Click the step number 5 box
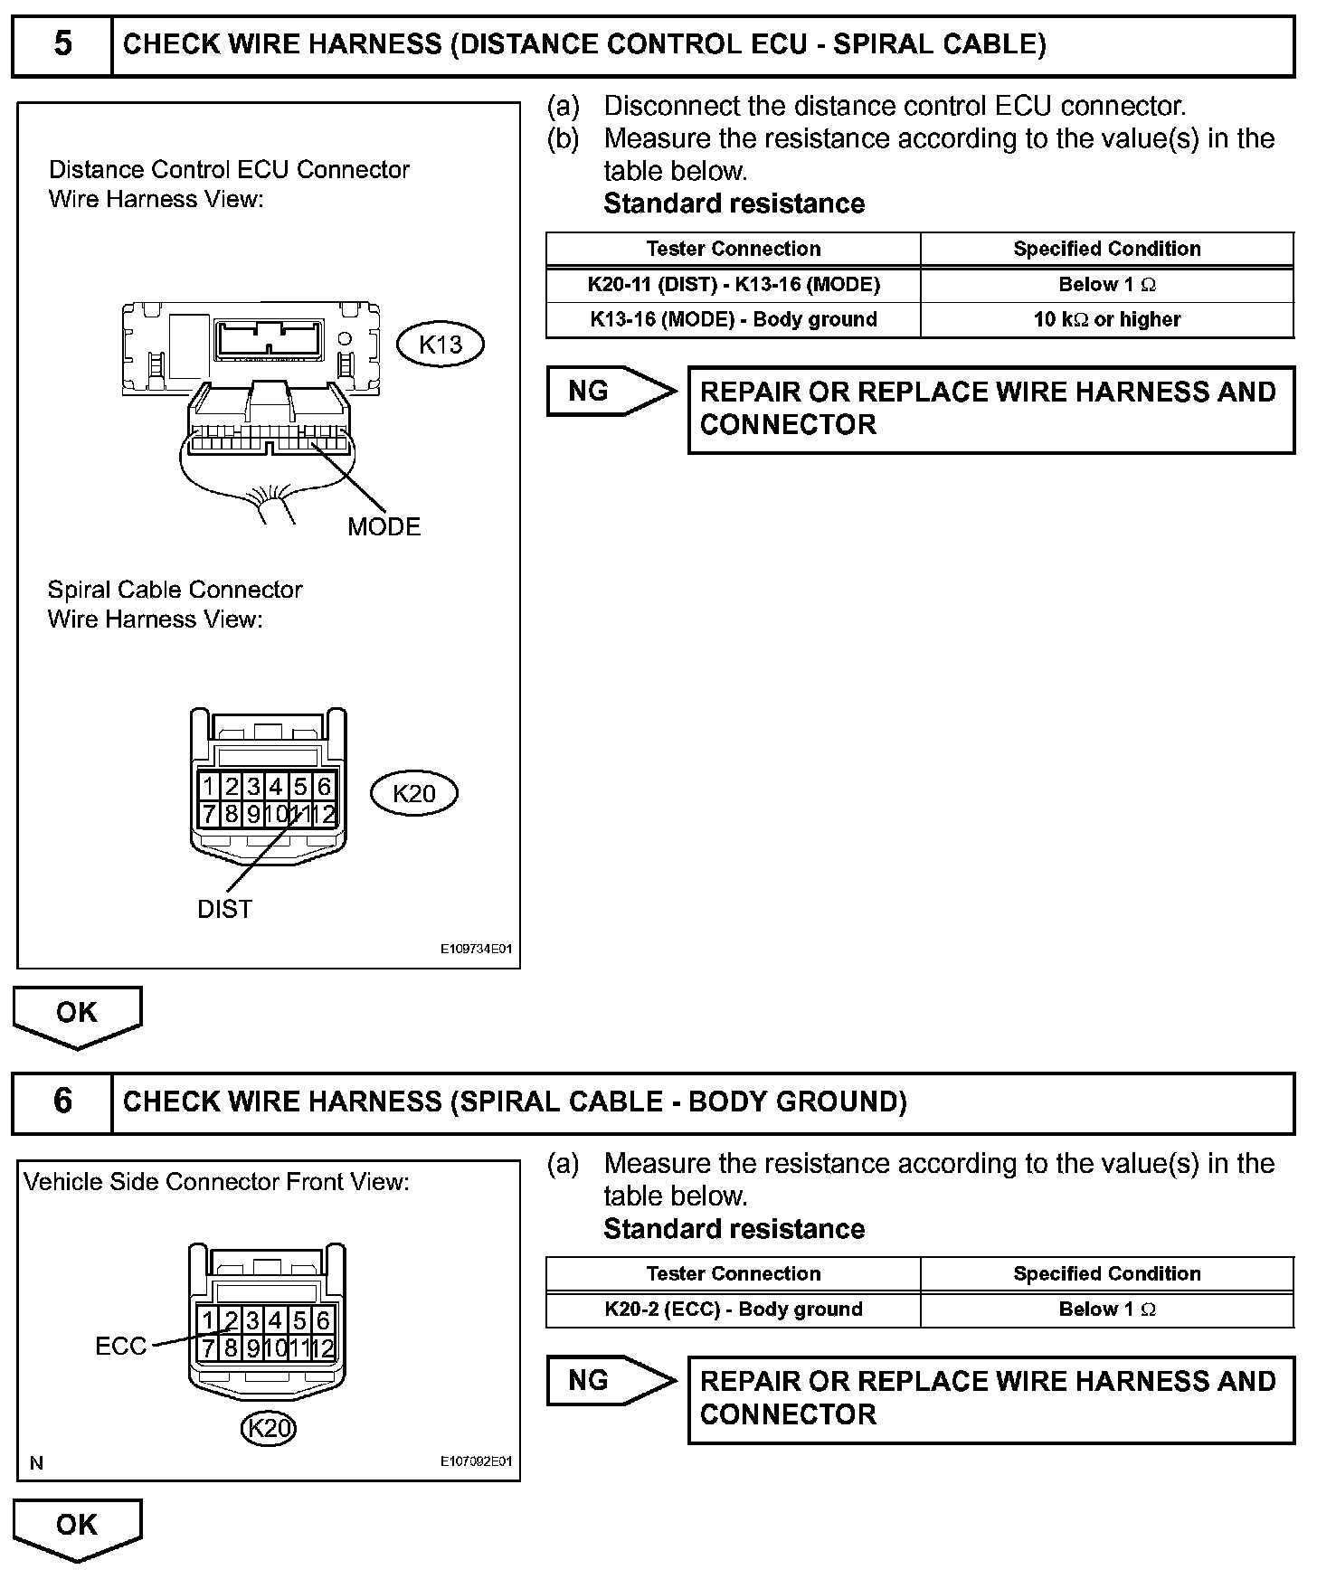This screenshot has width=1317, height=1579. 62,44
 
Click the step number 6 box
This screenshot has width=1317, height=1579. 62,1102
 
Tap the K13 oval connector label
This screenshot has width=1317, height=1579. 441,345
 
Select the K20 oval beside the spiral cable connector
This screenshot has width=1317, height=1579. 414,793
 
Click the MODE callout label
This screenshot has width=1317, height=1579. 384,527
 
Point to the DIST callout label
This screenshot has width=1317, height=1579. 224,910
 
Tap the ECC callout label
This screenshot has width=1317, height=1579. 120,1347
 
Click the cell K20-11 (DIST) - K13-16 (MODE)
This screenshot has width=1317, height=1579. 734,285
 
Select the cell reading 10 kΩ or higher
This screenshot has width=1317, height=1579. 1107,319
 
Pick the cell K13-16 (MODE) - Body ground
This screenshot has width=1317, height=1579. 734,319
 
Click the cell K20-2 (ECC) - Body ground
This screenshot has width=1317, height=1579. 734,1310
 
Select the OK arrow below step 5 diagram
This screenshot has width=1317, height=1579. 77,1015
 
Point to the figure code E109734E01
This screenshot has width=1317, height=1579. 477,950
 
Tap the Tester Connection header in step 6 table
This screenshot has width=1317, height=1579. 734,1273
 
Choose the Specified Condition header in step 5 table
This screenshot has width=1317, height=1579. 1107,249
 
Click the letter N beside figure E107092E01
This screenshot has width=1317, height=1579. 36,1463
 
